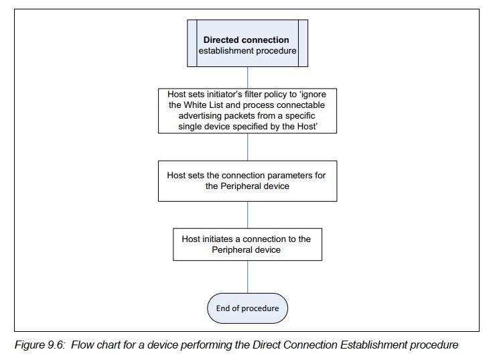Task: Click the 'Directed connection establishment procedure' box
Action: coord(247,44)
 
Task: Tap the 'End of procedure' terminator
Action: coord(247,308)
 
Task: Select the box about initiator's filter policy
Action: coord(247,110)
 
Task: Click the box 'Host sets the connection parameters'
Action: coord(247,180)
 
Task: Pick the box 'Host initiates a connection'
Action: coord(247,244)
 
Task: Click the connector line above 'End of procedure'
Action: coord(248,277)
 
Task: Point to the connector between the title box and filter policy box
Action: coord(248,76)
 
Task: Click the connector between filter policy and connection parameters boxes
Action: coord(248,147)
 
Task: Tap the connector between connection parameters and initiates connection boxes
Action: coord(248,215)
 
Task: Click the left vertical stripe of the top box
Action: coord(192,44)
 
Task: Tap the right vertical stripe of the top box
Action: coord(303,44)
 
